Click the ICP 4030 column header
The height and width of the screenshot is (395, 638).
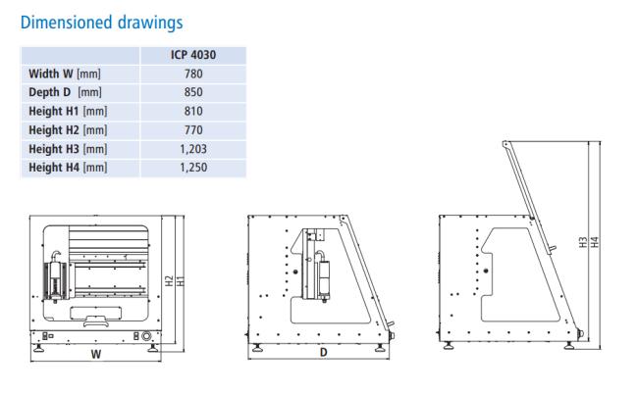coord(193,55)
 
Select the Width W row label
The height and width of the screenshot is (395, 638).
coord(65,74)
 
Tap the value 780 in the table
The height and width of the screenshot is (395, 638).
coord(193,74)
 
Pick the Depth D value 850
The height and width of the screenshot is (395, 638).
coord(193,92)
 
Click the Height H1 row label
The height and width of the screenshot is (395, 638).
coord(68,111)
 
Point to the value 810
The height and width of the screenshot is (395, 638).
coord(193,111)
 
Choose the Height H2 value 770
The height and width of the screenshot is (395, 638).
coord(193,130)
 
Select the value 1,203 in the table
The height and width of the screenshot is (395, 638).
coord(193,149)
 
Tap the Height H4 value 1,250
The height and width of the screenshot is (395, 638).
coord(193,168)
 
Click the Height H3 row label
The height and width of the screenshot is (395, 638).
coord(68,149)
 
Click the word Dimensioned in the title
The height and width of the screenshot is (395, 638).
coord(67,22)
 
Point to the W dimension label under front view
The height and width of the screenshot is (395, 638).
coord(96,354)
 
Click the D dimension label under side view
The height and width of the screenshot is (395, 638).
coord(324,352)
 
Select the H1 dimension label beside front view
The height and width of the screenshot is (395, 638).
coord(181,280)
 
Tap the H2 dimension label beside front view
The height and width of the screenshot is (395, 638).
coord(169,280)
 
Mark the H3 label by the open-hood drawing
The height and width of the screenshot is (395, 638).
coord(583,243)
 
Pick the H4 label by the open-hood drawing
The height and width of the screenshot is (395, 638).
coord(595,243)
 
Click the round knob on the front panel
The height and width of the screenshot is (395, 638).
coord(146,336)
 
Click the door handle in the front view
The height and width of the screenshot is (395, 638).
coord(95,321)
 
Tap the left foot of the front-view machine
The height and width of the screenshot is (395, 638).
coord(39,348)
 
